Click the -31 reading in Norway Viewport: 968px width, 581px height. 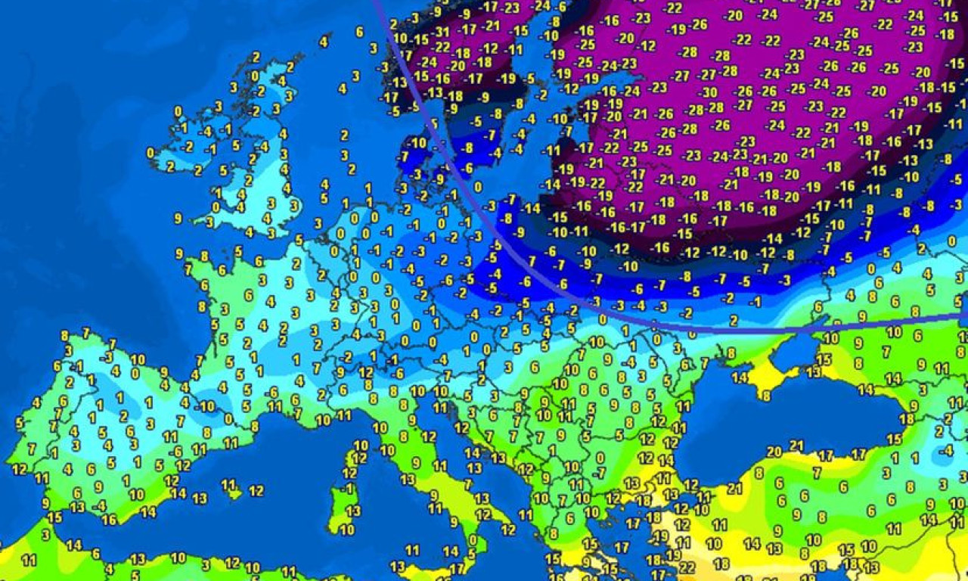click(x=442, y=32)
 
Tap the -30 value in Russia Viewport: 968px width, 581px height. click(x=709, y=92)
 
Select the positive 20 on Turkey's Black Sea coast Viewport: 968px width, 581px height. click(x=774, y=452)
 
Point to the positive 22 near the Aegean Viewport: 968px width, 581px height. click(x=687, y=567)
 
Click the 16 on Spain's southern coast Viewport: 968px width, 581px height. click(x=110, y=520)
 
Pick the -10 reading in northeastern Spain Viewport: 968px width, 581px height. click(x=205, y=405)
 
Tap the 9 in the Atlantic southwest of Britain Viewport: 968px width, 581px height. click(x=178, y=219)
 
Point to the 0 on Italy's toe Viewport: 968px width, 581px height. click(x=473, y=540)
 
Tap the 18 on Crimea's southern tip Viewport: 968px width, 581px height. click(x=765, y=395)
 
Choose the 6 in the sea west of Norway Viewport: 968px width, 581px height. click(x=359, y=32)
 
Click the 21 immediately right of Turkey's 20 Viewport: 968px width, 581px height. click(x=796, y=445)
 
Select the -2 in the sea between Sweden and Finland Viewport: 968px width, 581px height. click(x=541, y=95)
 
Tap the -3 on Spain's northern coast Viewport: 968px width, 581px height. click(x=110, y=356)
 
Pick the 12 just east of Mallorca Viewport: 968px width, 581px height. click(x=256, y=491)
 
